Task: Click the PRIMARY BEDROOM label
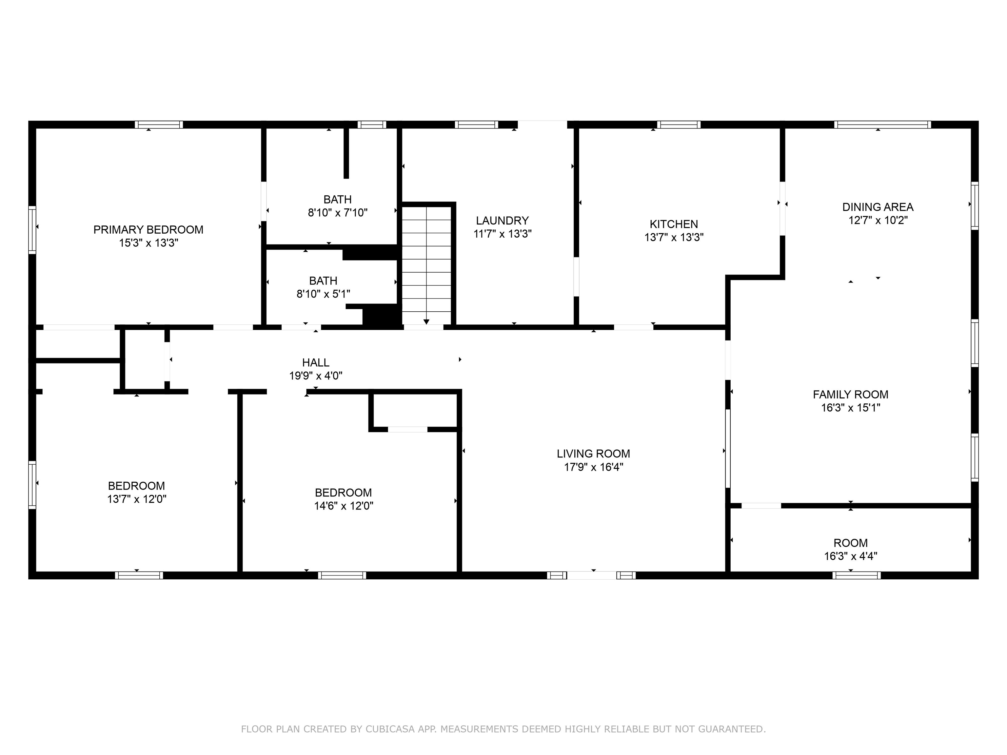(x=148, y=230)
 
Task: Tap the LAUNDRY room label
(x=502, y=221)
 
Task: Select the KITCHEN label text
(x=674, y=224)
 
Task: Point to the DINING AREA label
(x=878, y=207)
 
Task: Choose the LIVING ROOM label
(x=593, y=454)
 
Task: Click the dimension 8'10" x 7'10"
(x=338, y=213)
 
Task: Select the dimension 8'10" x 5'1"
(x=323, y=294)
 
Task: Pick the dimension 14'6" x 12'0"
(x=344, y=506)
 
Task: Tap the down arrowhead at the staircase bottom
(x=426, y=322)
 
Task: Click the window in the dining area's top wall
(x=882, y=125)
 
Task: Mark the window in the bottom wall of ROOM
(x=856, y=575)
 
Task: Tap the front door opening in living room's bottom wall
(x=591, y=575)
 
